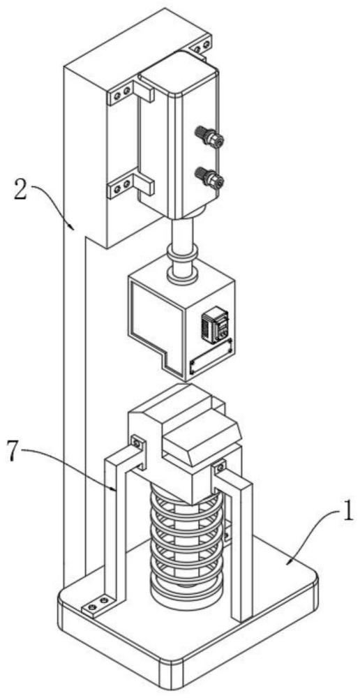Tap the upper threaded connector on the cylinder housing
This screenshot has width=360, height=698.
click(209, 137)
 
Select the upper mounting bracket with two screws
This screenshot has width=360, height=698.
click(130, 94)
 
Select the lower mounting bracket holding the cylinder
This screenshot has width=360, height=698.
click(130, 186)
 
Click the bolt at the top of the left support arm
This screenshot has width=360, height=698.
click(137, 443)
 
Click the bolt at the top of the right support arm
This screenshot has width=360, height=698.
click(219, 467)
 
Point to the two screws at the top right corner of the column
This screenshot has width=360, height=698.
click(201, 46)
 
